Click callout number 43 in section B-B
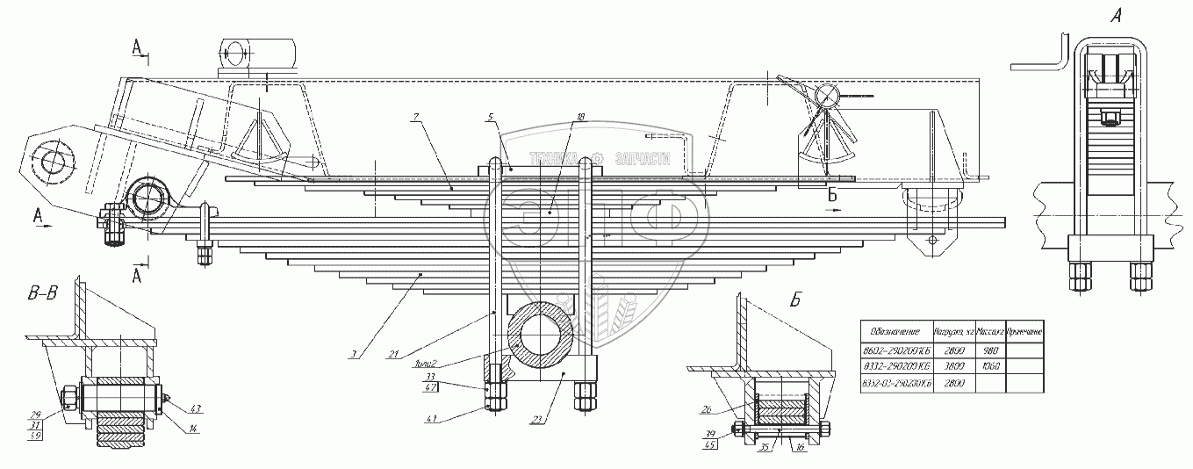point(193,408)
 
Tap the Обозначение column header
point(894,333)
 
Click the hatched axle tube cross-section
point(547,335)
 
